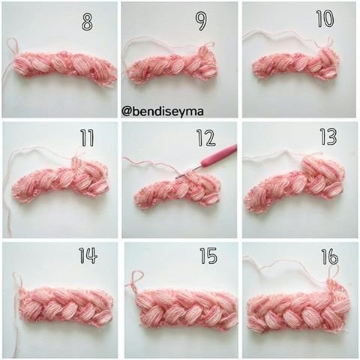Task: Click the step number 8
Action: coord(87,22)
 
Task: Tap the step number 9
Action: coord(201,22)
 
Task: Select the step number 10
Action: coord(325,19)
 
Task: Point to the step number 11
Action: coord(87,138)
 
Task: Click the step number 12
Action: coord(206,138)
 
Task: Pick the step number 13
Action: coord(328,136)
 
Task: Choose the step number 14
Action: coord(88,256)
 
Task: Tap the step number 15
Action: coord(208,256)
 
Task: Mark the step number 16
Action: coord(330,256)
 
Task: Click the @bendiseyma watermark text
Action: coord(163,112)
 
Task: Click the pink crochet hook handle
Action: coord(220,156)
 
